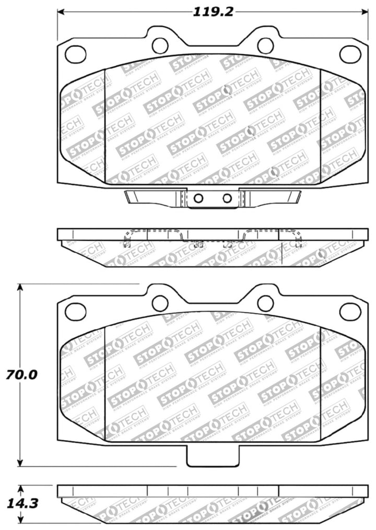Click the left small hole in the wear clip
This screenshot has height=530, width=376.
coord(198,198)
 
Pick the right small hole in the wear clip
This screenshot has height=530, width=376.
coord(227,198)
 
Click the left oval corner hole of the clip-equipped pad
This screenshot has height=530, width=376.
coord(75,53)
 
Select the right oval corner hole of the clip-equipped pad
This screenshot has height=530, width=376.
coord(350,53)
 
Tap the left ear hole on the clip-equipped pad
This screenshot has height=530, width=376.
coord(160,45)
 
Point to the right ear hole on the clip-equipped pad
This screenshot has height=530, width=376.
coord(265,45)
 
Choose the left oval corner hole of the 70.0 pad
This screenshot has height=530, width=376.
coord(75,311)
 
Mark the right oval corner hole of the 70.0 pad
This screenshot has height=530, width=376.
coord(350,311)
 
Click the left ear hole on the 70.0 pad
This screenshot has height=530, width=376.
coord(160,303)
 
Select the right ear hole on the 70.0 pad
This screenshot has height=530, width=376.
coord(265,303)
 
